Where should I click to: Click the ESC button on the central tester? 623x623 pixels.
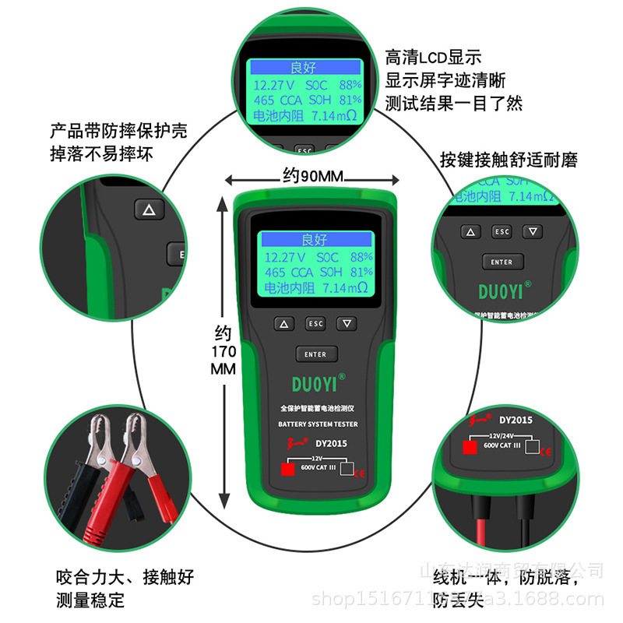coord(315,323)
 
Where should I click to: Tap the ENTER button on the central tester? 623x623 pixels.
coord(315,354)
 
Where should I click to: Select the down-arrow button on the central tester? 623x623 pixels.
coord(347,323)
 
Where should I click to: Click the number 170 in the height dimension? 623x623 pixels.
coord(224,352)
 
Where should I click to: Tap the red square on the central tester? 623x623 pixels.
coord(287,470)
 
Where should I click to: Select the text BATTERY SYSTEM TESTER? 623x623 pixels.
coord(318,424)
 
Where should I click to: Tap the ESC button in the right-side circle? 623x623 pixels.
coord(502,232)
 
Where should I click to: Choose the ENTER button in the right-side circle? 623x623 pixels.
coord(502,262)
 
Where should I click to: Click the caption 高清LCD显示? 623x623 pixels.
coord(434,57)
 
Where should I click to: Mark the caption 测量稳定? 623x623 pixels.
coord(90,600)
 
